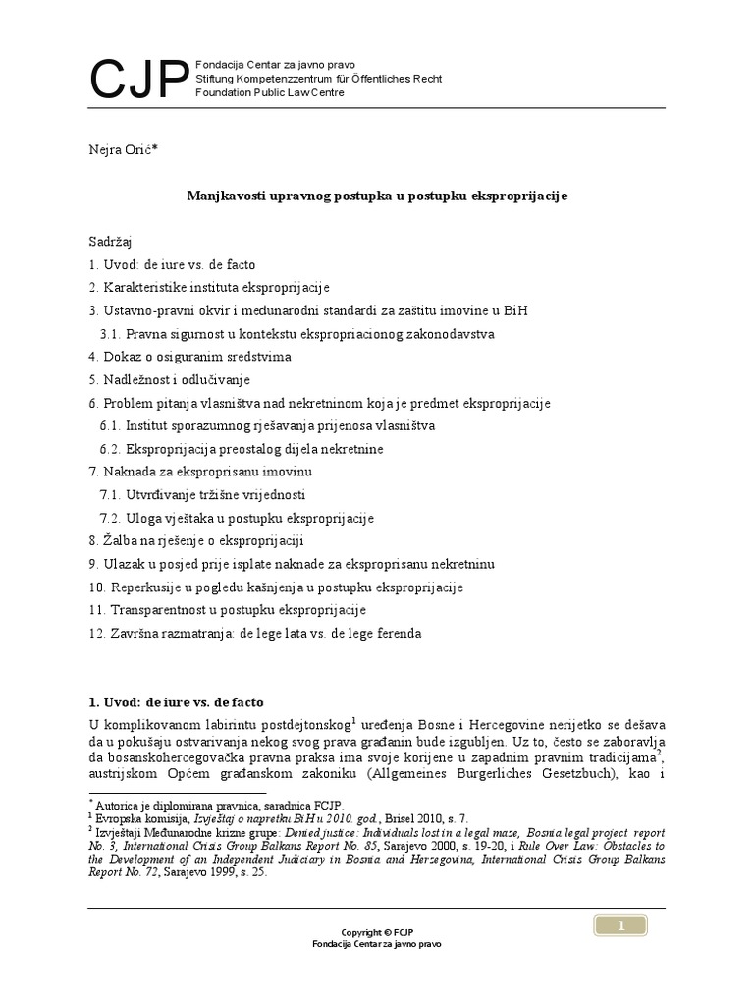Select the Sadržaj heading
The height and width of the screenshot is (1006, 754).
pyautogui.click(x=110, y=241)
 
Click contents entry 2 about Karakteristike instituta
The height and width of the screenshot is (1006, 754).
pyautogui.click(x=208, y=288)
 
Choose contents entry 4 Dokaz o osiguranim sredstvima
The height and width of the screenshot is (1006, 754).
pyautogui.click(x=189, y=357)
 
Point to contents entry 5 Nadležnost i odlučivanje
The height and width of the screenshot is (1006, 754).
pyautogui.click(x=169, y=379)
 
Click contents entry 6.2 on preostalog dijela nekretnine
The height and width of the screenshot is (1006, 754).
pyautogui.click(x=241, y=449)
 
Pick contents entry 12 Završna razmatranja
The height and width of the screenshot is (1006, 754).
pyautogui.click(x=254, y=634)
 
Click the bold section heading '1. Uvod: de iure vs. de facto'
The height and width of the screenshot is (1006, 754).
pyautogui.click(x=176, y=703)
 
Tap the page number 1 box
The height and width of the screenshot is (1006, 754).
pyautogui.click(x=620, y=924)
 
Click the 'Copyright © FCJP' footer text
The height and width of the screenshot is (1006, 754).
pyautogui.click(x=376, y=931)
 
